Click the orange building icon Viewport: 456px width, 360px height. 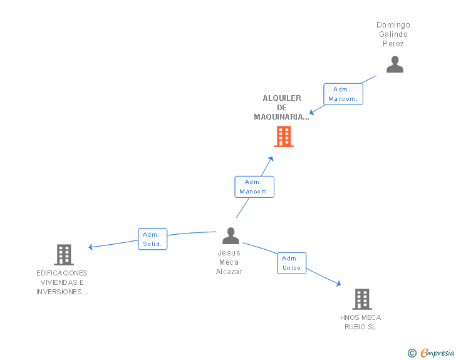click(284, 136)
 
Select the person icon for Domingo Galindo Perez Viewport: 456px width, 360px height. click(395, 64)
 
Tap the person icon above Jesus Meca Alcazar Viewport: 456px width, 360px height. click(231, 235)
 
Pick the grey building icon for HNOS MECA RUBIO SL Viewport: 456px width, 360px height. click(362, 299)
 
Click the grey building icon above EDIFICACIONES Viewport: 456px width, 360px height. click(64, 255)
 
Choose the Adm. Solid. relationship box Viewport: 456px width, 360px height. click(152, 239)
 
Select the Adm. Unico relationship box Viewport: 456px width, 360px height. click(292, 263)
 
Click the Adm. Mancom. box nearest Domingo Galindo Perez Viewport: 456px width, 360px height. click(343, 94)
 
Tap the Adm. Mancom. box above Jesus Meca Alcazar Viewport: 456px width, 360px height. click(254, 187)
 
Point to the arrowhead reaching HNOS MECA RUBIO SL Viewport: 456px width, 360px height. click(339, 283)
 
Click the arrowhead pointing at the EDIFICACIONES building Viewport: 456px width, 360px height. click(90, 247)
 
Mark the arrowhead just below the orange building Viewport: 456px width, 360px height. click(271, 159)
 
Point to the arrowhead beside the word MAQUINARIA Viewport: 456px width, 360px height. click(312, 112)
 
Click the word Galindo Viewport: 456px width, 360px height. click(393, 34)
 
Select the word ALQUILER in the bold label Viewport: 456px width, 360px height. click(282, 98)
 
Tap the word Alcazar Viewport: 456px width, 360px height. click(229, 272)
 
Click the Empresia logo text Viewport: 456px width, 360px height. click(437, 352)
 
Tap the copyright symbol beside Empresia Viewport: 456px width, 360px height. click(412, 353)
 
